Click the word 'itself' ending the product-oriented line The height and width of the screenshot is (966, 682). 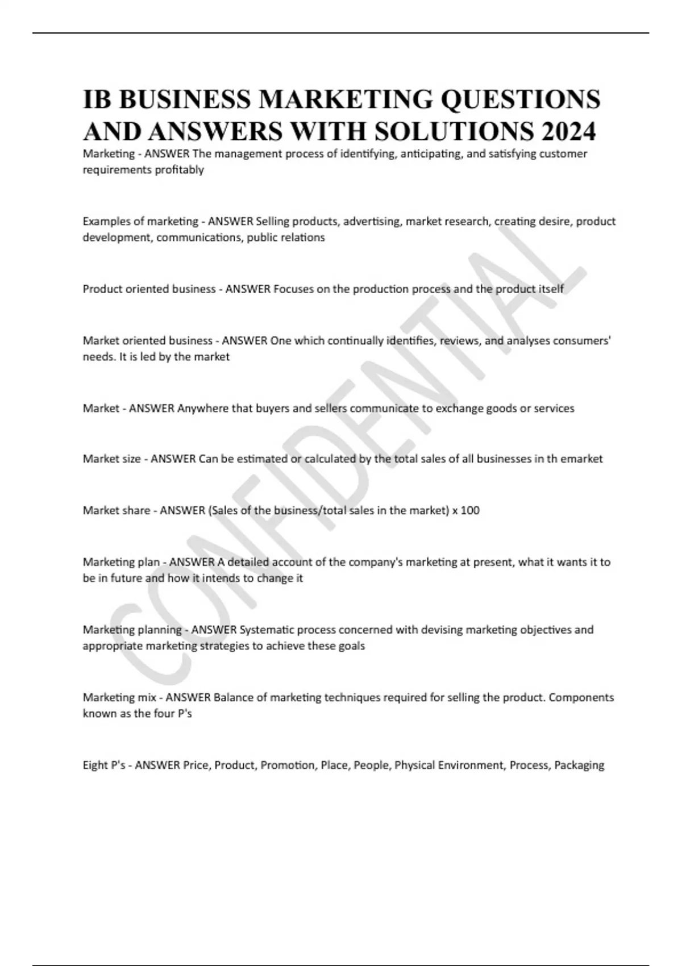(x=551, y=289)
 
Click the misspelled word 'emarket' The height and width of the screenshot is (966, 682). (x=581, y=459)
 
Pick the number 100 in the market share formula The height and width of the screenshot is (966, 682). (x=470, y=510)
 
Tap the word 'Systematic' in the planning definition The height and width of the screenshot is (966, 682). (x=267, y=630)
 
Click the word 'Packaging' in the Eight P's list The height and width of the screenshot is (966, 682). (x=579, y=765)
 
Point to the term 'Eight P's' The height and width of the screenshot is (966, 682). (x=104, y=765)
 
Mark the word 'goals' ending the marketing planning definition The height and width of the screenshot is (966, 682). (x=352, y=646)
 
